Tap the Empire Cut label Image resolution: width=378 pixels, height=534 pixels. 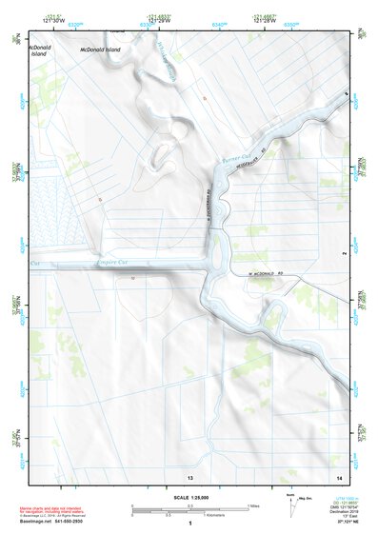coord(111,263)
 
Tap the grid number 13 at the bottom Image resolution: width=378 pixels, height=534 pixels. coord(190,475)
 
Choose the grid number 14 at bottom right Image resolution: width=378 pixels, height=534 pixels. coord(338,475)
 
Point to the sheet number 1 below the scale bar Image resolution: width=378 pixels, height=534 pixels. coord(190,523)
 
